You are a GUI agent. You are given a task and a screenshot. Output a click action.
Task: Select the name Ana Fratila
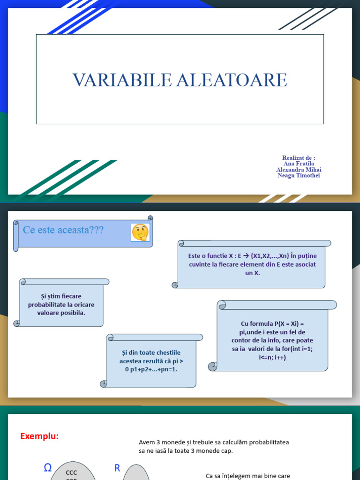pyautogui.click(x=299, y=164)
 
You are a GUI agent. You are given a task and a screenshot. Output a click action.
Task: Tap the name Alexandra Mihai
pyautogui.click(x=299, y=170)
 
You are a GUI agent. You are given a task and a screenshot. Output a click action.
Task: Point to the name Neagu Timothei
pyautogui.click(x=299, y=175)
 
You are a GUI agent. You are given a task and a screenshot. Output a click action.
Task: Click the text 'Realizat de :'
pyautogui.click(x=299, y=157)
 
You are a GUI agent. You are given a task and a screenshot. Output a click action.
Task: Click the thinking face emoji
pyautogui.click(x=140, y=232)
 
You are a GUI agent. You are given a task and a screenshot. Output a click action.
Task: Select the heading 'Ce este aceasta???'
pyautogui.click(x=63, y=230)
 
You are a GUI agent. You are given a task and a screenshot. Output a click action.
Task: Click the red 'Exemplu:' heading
pyautogui.click(x=39, y=436)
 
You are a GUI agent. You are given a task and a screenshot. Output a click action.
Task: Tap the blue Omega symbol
pyautogui.click(x=47, y=467)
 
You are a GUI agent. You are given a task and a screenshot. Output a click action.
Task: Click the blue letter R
pyautogui.click(x=117, y=467)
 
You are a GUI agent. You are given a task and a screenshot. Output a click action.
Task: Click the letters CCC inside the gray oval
pyautogui.click(x=71, y=472)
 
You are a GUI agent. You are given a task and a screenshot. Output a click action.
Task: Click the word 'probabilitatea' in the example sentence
pyautogui.click(x=268, y=442)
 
